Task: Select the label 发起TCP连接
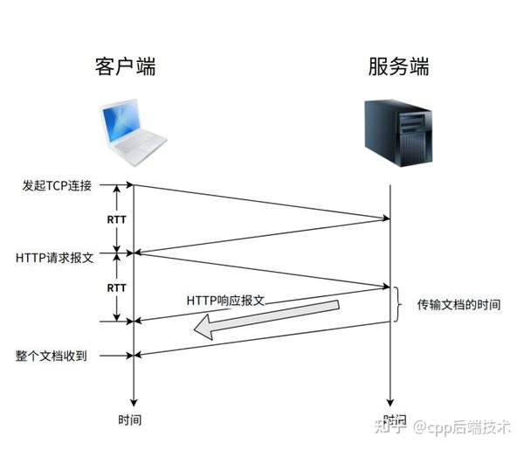pos(57,185)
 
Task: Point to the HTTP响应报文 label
pos(224,299)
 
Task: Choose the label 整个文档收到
pos(51,356)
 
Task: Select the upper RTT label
pos(116,219)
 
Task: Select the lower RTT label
pos(116,287)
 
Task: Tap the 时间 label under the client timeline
pos(130,419)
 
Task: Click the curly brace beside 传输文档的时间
pos(398,304)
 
